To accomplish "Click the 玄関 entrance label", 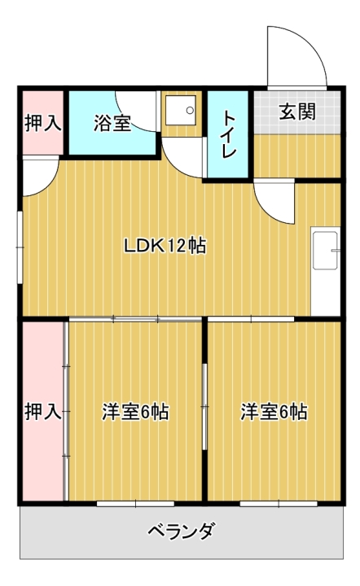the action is (x=297, y=112).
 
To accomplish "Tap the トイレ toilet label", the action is (x=229, y=134).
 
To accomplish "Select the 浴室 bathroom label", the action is (x=112, y=123).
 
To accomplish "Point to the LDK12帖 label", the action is (x=165, y=246).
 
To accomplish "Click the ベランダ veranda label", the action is (x=182, y=531).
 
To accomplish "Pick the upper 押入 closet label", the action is (x=43, y=123).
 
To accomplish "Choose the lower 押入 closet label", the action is (x=43, y=412).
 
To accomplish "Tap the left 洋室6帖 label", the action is (x=135, y=412).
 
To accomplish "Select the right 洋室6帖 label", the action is (x=274, y=412).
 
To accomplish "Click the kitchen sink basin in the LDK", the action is (x=325, y=250).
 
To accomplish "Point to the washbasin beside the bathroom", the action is (x=181, y=111).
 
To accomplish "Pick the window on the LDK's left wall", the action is (x=20, y=247).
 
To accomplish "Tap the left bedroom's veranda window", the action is (x=136, y=504).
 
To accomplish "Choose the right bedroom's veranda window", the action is (x=279, y=504).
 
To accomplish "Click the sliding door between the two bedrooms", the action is (x=204, y=406).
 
